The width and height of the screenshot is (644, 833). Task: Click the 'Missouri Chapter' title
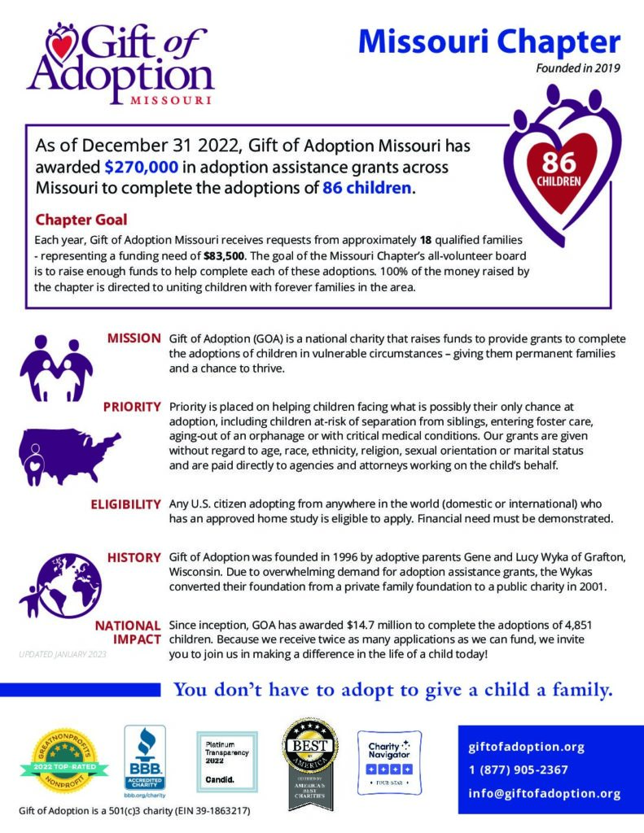[489, 41]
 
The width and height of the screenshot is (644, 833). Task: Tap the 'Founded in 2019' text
[577, 68]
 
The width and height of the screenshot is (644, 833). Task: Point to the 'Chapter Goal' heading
[81, 220]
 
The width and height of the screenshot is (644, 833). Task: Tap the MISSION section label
[134, 338]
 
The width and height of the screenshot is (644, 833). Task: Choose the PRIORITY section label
[131, 407]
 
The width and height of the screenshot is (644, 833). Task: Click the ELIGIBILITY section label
[125, 504]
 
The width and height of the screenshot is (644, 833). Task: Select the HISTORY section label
[134, 557]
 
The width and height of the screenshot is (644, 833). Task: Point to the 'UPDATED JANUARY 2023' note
[61, 652]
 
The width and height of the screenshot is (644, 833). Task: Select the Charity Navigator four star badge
[389, 762]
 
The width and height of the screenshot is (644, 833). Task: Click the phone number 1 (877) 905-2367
[518, 770]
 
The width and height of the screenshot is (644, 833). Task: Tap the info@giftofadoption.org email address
[545, 793]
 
